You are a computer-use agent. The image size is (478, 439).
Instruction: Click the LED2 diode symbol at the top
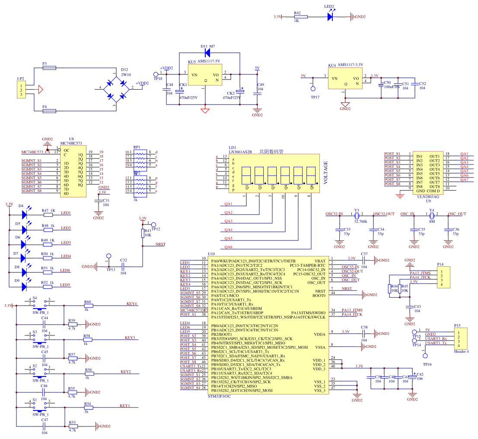click(x=331, y=17)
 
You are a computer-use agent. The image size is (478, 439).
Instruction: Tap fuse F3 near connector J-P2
click(x=49, y=68)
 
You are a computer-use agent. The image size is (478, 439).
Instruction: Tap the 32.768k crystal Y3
click(x=357, y=215)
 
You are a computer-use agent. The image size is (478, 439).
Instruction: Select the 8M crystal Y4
click(x=432, y=215)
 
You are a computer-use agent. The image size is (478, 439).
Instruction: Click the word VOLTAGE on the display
click(x=326, y=173)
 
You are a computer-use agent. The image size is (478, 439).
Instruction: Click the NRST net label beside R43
click(x=160, y=244)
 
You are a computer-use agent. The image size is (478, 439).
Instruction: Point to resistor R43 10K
click(x=143, y=233)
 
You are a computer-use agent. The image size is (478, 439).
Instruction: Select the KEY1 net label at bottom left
click(x=124, y=406)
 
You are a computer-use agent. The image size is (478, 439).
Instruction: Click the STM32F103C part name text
click(x=219, y=396)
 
